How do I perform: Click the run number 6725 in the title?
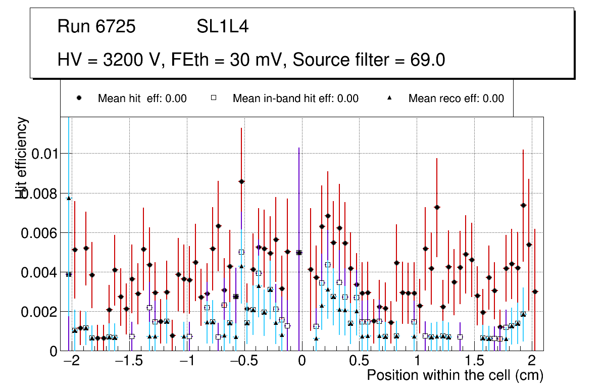tap(116, 27)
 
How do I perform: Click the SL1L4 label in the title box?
tap(222, 27)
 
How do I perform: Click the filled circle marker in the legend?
tap(79, 98)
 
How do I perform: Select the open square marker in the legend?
tap(214, 98)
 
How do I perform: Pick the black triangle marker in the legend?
tap(389, 98)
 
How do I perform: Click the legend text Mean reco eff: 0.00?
tap(456, 99)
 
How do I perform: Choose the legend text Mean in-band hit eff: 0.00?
tap(295, 99)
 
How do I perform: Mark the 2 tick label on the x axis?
tap(531, 362)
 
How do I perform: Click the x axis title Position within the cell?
tap(455, 376)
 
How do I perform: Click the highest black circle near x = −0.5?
tap(241, 181)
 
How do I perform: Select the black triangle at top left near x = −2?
tap(69, 198)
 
